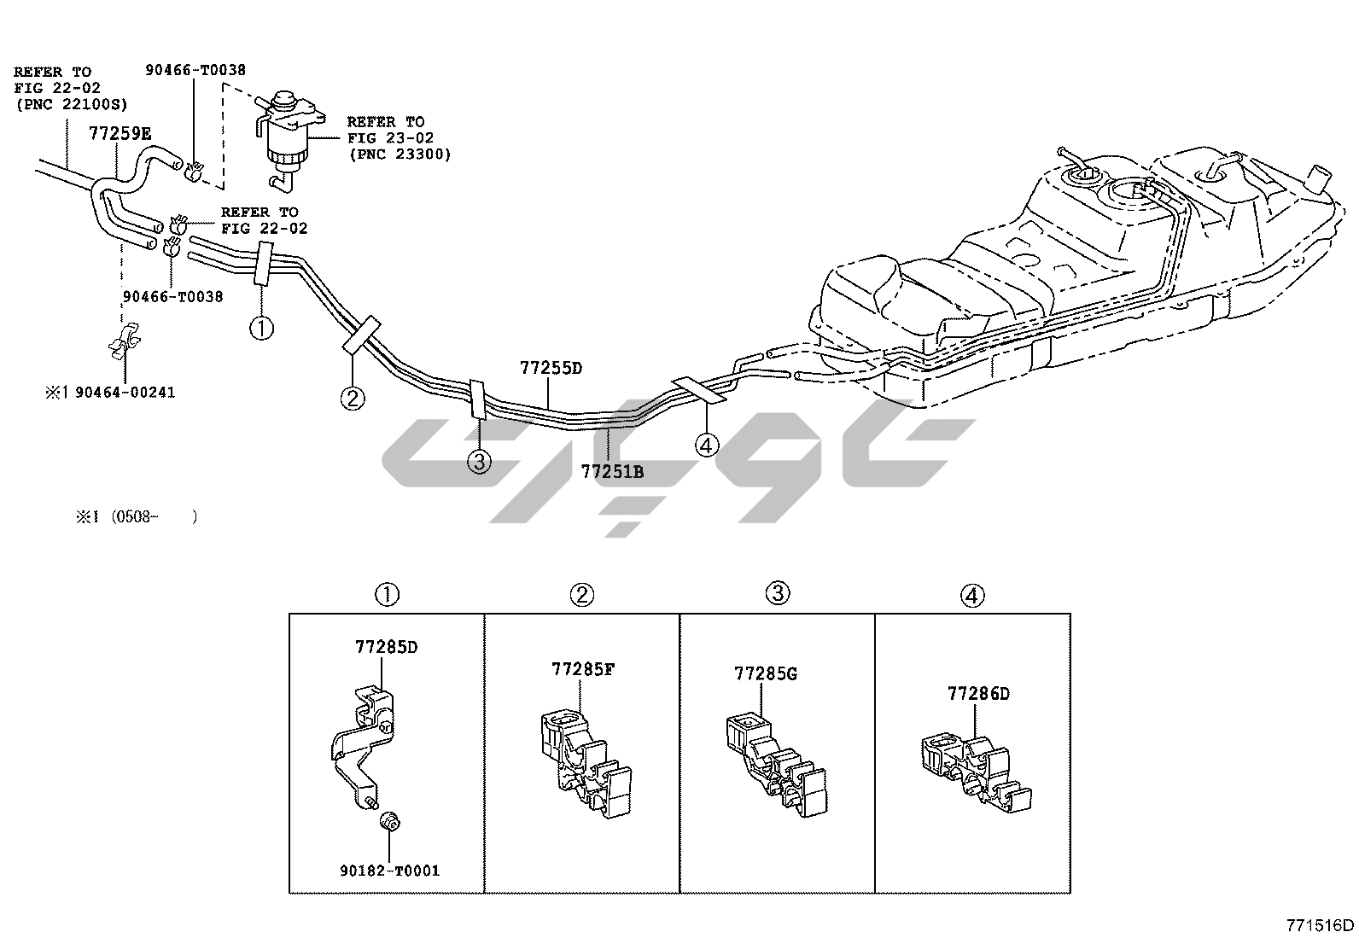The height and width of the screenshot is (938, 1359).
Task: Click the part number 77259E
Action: (120, 133)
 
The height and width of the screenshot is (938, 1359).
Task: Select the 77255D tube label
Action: (551, 369)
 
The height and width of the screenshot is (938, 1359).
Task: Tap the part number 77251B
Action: (612, 470)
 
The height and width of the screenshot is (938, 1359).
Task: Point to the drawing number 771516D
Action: (1321, 925)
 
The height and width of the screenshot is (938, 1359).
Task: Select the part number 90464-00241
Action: (125, 393)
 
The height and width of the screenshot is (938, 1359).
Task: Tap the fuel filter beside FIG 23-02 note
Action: (286, 137)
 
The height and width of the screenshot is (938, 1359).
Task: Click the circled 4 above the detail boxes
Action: (972, 596)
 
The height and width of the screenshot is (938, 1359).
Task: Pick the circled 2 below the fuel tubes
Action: (353, 398)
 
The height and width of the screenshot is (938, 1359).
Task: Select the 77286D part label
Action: (977, 694)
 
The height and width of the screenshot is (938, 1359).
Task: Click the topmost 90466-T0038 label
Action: (195, 71)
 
